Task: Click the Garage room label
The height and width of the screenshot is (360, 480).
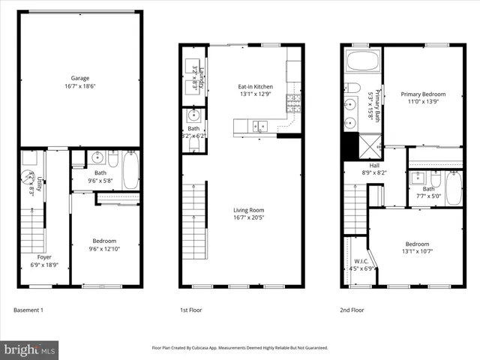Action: pos(80,78)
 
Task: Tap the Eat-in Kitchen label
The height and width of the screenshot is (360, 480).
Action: pos(255,87)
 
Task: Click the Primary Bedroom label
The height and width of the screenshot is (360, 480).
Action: pos(423,94)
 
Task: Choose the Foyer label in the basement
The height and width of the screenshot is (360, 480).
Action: pos(44,257)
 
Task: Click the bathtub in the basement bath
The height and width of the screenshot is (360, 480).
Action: pos(130,170)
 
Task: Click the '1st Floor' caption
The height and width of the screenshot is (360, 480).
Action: pos(192,309)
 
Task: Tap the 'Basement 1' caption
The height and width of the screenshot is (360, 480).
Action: pos(29,309)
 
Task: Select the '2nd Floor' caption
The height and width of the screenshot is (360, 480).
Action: pos(352,309)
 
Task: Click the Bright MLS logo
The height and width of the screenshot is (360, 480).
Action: pos(30,349)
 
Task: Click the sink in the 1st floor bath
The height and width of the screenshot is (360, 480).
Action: pos(194,115)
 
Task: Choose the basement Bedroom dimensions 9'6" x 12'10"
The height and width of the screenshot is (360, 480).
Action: pos(104,248)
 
